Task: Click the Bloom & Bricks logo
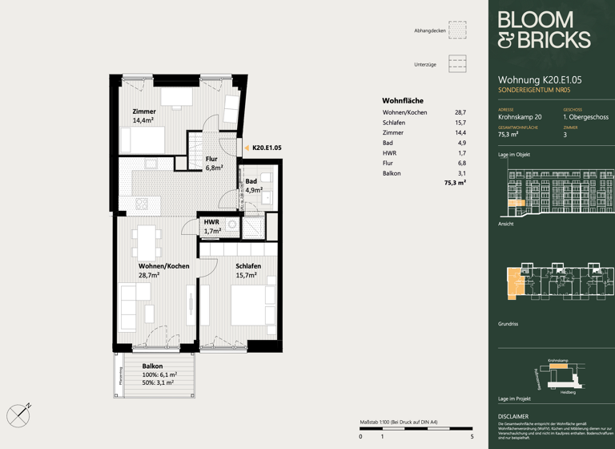point(544,30)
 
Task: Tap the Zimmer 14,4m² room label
point(143,115)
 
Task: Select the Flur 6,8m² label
point(211,164)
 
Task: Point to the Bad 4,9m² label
point(253,186)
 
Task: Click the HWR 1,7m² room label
point(212,226)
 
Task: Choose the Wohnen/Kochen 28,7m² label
point(163,270)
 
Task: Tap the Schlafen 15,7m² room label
point(247,270)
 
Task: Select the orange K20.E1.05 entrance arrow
point(247,148)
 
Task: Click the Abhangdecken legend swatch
point(457,30)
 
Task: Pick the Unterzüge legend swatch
point(457,64)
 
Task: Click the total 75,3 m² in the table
point(455,184)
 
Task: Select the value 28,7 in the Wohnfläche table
point(460,113)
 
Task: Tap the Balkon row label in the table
point(392,173)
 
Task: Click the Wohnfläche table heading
point(402,100)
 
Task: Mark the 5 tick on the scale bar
point(472,436)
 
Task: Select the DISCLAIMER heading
point(512,417)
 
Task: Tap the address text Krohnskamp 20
point(520,117)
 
